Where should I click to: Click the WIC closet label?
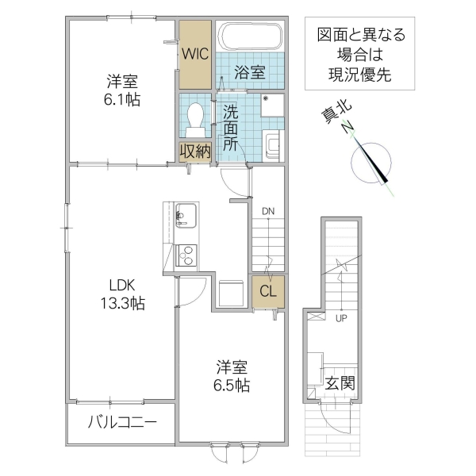pyautogui.click(x=195, y=55)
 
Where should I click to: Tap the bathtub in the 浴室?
pyautogui.click(x=250, y=36)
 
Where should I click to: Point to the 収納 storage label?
pyautogui.click(x=195, y=151)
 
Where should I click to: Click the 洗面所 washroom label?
pyautogui.click(x=230, y=128)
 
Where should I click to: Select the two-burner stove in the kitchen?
pyautogui.click(x=186, y=256)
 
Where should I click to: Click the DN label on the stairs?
pyautogui.click(x=269, y=212)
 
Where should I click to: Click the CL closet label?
pyautogui.click(x=268, y=291)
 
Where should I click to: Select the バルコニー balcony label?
pyautogui.click(x=122, y=422)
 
